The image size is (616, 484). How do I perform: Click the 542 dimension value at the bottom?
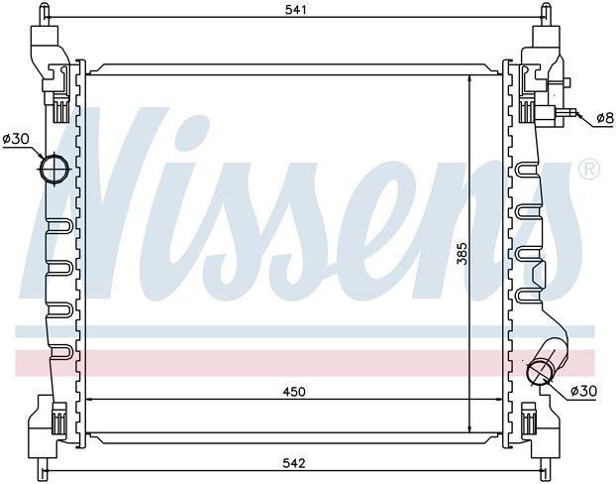(294, 463)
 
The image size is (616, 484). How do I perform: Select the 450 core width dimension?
(294, 392)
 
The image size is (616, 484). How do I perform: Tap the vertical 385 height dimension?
(462, 253)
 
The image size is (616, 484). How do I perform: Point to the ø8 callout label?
(605, 118)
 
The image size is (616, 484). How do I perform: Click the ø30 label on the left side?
(16, 139)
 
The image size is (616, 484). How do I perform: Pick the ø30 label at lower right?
(583, 391)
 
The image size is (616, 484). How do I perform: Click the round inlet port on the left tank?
(54, 170)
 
